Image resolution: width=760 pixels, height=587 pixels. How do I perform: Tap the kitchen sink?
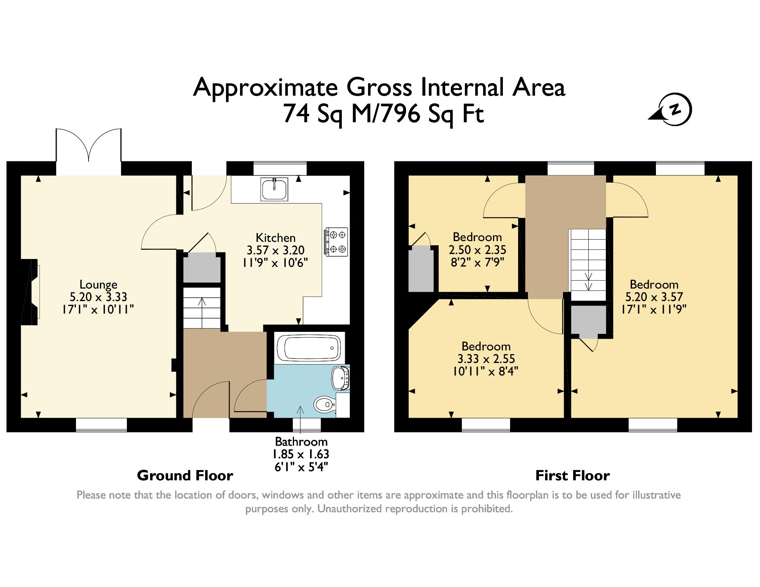(x=274, y=189)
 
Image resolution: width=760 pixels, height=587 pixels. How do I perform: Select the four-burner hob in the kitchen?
(x=336, y=242)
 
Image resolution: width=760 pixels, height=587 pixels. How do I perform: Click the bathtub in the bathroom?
(x=309, y=348)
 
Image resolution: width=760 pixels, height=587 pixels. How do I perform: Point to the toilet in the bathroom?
(x=325, y=405)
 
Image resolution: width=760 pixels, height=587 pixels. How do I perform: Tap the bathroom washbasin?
(x=341, y=378)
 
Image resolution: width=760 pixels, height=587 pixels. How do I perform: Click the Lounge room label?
(x=98, y=284)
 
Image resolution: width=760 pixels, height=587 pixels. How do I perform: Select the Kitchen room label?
(x=275, y=238)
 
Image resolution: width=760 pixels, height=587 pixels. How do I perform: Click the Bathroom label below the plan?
(x=301, y=442)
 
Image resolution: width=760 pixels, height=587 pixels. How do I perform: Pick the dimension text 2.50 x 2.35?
(x=477, y=250)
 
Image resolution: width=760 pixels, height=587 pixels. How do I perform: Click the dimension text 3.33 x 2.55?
(x=486, y=359)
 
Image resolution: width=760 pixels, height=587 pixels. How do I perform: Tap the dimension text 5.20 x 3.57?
(x=654, y=297)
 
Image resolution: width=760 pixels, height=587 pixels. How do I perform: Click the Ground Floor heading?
(x=185, y=475)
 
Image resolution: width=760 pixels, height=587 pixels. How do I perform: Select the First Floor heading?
(x=572, y=475)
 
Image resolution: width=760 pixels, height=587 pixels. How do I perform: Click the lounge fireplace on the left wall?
(x=30, y=292)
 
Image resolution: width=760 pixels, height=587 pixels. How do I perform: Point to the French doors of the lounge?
(x=88, y=151)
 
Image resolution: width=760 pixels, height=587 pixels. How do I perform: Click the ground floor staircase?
(x=202, y=308)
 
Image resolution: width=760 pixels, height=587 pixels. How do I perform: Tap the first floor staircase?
(x=588, y=265)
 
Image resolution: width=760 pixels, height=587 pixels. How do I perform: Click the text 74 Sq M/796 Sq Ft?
(x=384, y=114)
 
